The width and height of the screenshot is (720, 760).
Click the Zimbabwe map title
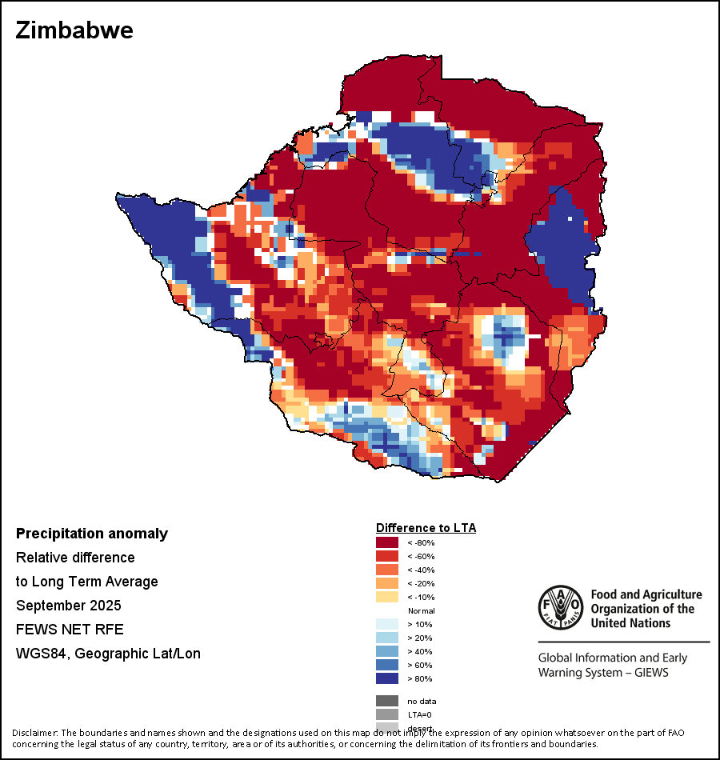point(74,30)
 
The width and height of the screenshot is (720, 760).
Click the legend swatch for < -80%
point(388,542)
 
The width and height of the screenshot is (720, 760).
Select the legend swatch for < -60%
point(388,556)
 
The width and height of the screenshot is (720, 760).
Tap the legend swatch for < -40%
point(388,570)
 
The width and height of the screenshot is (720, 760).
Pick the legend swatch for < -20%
point(388,583)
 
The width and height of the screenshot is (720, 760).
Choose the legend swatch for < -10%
point(388,597)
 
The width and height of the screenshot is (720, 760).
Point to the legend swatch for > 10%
point(388,624)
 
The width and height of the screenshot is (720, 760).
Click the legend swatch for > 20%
point(388,638)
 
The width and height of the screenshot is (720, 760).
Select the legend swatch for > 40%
point(388,651)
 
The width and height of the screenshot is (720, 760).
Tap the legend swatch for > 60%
point(388,665)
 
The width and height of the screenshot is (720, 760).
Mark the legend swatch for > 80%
point(388,678)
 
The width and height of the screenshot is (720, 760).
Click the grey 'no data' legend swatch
point(388,701)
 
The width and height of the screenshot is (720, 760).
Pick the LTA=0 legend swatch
point(388,714)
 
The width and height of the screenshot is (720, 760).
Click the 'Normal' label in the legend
point(422,610)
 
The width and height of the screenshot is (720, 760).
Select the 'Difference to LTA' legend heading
point(426,528)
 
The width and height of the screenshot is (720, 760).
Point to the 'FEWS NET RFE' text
point(70,630)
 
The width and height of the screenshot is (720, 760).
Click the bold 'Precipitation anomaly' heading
point(92,534)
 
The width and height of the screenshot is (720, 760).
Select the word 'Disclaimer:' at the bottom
point(35,733)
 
